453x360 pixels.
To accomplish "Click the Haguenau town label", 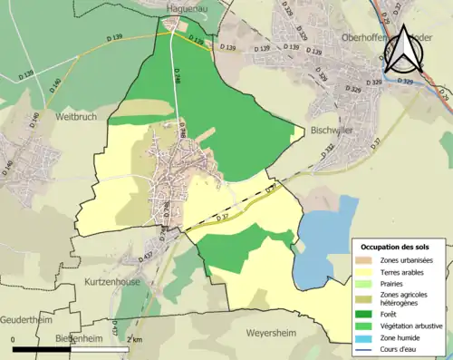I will [188, 8].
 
